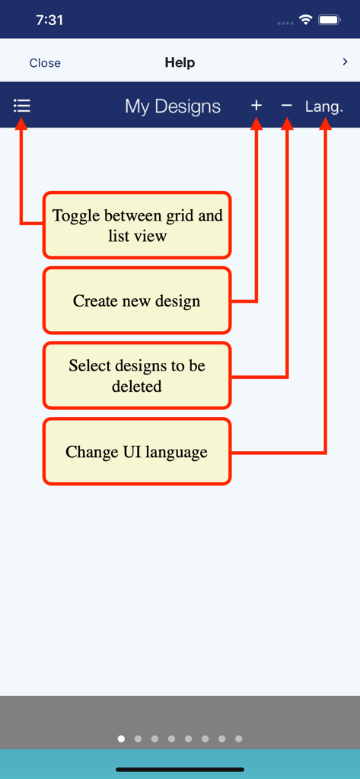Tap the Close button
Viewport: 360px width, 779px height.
point(45,63)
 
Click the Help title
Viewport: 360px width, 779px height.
point(180,63)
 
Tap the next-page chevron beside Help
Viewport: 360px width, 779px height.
point(346,62)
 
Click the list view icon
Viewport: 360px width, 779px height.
point(22,106)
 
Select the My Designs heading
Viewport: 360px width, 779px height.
point(173,107)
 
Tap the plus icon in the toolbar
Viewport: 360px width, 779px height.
point(256,106)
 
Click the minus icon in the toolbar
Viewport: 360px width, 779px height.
point(286,106)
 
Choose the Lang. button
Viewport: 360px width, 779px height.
point(324,107)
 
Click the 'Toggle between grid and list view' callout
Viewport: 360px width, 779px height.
point(137,225)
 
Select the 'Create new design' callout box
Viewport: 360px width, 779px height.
point(137,300)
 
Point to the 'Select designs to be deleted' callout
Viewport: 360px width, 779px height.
point(137,376)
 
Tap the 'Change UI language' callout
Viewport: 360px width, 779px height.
point(137,451)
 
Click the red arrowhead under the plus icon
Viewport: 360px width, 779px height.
point(256,124)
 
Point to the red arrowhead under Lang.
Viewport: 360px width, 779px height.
point(325,124)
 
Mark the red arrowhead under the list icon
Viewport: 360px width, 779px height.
point(21,124)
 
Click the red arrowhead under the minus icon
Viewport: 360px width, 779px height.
point(287,124)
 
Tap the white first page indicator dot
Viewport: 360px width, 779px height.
point(121,739)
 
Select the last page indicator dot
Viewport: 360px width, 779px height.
point(238,739)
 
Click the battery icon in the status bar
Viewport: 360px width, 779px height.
point(330,20)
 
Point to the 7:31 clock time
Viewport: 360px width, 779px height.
point(49,21)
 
